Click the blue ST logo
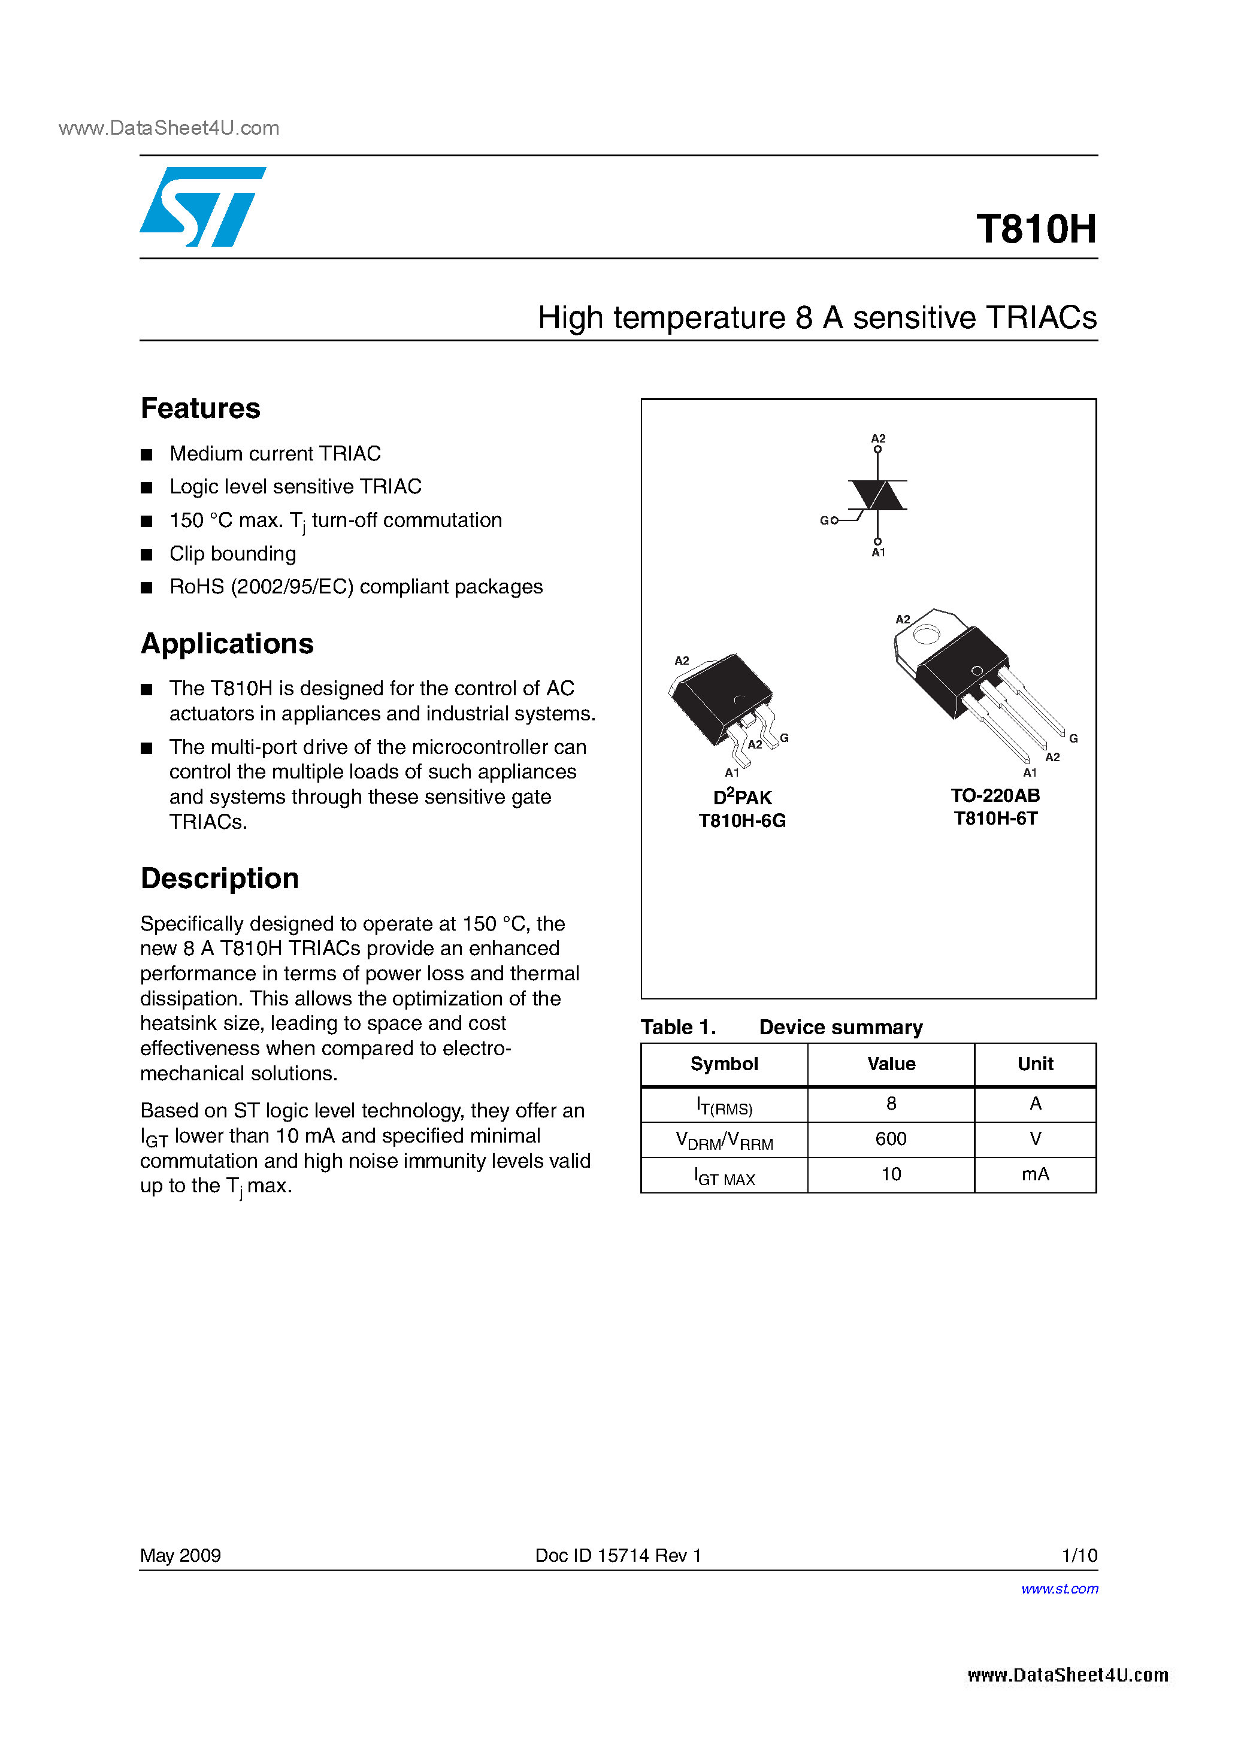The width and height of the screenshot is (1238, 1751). [201, 207]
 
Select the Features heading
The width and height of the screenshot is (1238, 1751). [201, 409]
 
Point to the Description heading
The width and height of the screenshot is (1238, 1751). [220, 878]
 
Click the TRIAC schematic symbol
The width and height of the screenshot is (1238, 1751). [877, 496]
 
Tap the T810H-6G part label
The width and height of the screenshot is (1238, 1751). [742, 820]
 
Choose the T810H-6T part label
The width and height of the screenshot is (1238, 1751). [995, 818]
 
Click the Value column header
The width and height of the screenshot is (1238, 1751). [891, 1064]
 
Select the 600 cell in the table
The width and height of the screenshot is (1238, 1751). [891, 1138]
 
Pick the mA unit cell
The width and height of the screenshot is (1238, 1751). [1035, 1174]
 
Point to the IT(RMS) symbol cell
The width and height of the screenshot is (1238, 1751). [724, 1105]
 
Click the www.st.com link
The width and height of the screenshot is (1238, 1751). [1060, 1589]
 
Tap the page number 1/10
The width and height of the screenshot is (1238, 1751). [1079, 1555]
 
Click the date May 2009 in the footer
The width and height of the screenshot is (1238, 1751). [181, 1555]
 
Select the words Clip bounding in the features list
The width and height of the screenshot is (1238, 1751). [232, 554]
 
